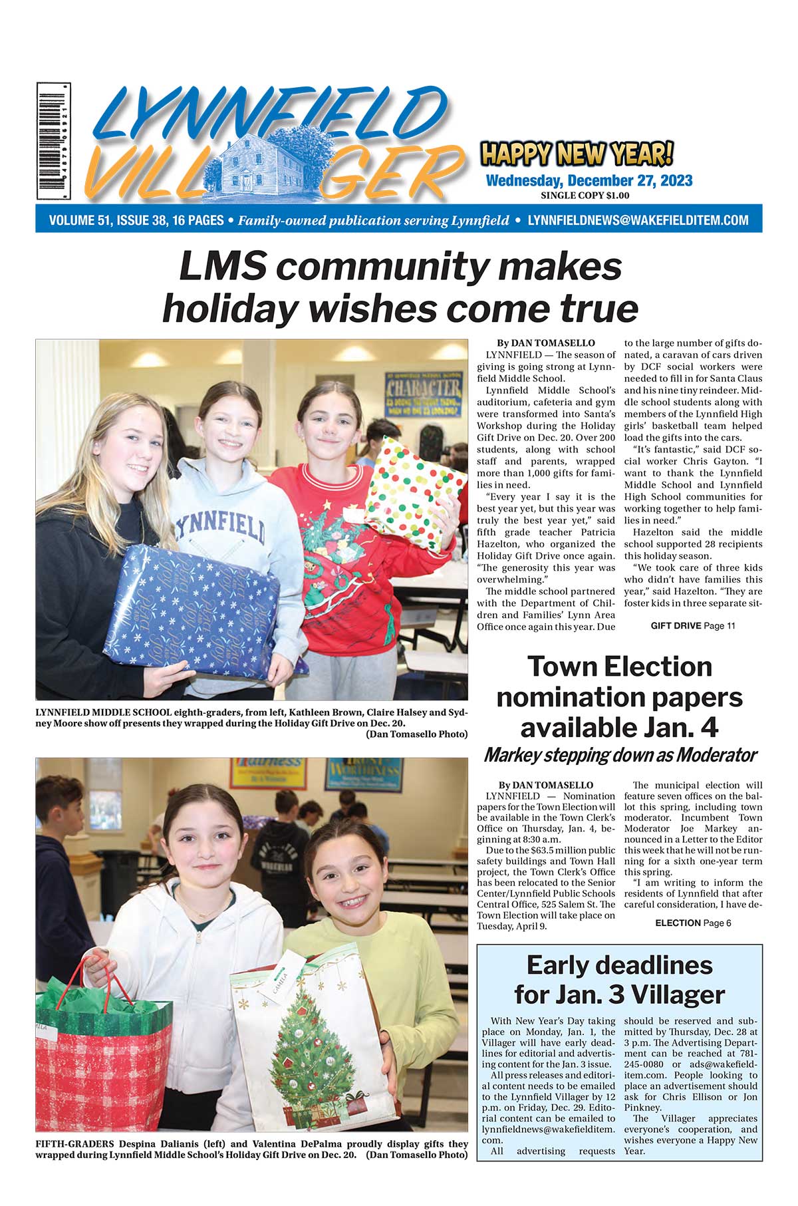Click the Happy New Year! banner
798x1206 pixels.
click(576, 154)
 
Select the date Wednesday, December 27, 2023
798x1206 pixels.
click(589, 181)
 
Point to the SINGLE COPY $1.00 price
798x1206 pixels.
click(585, 196)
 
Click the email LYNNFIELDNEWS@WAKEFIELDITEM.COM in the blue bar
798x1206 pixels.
click(638, 220)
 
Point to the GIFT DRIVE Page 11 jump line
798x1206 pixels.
click(692, 626)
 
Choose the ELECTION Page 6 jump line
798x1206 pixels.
click(693, 923)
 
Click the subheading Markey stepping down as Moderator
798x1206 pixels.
click(620, 756)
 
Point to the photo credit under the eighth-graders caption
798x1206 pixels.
click(416, 734)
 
